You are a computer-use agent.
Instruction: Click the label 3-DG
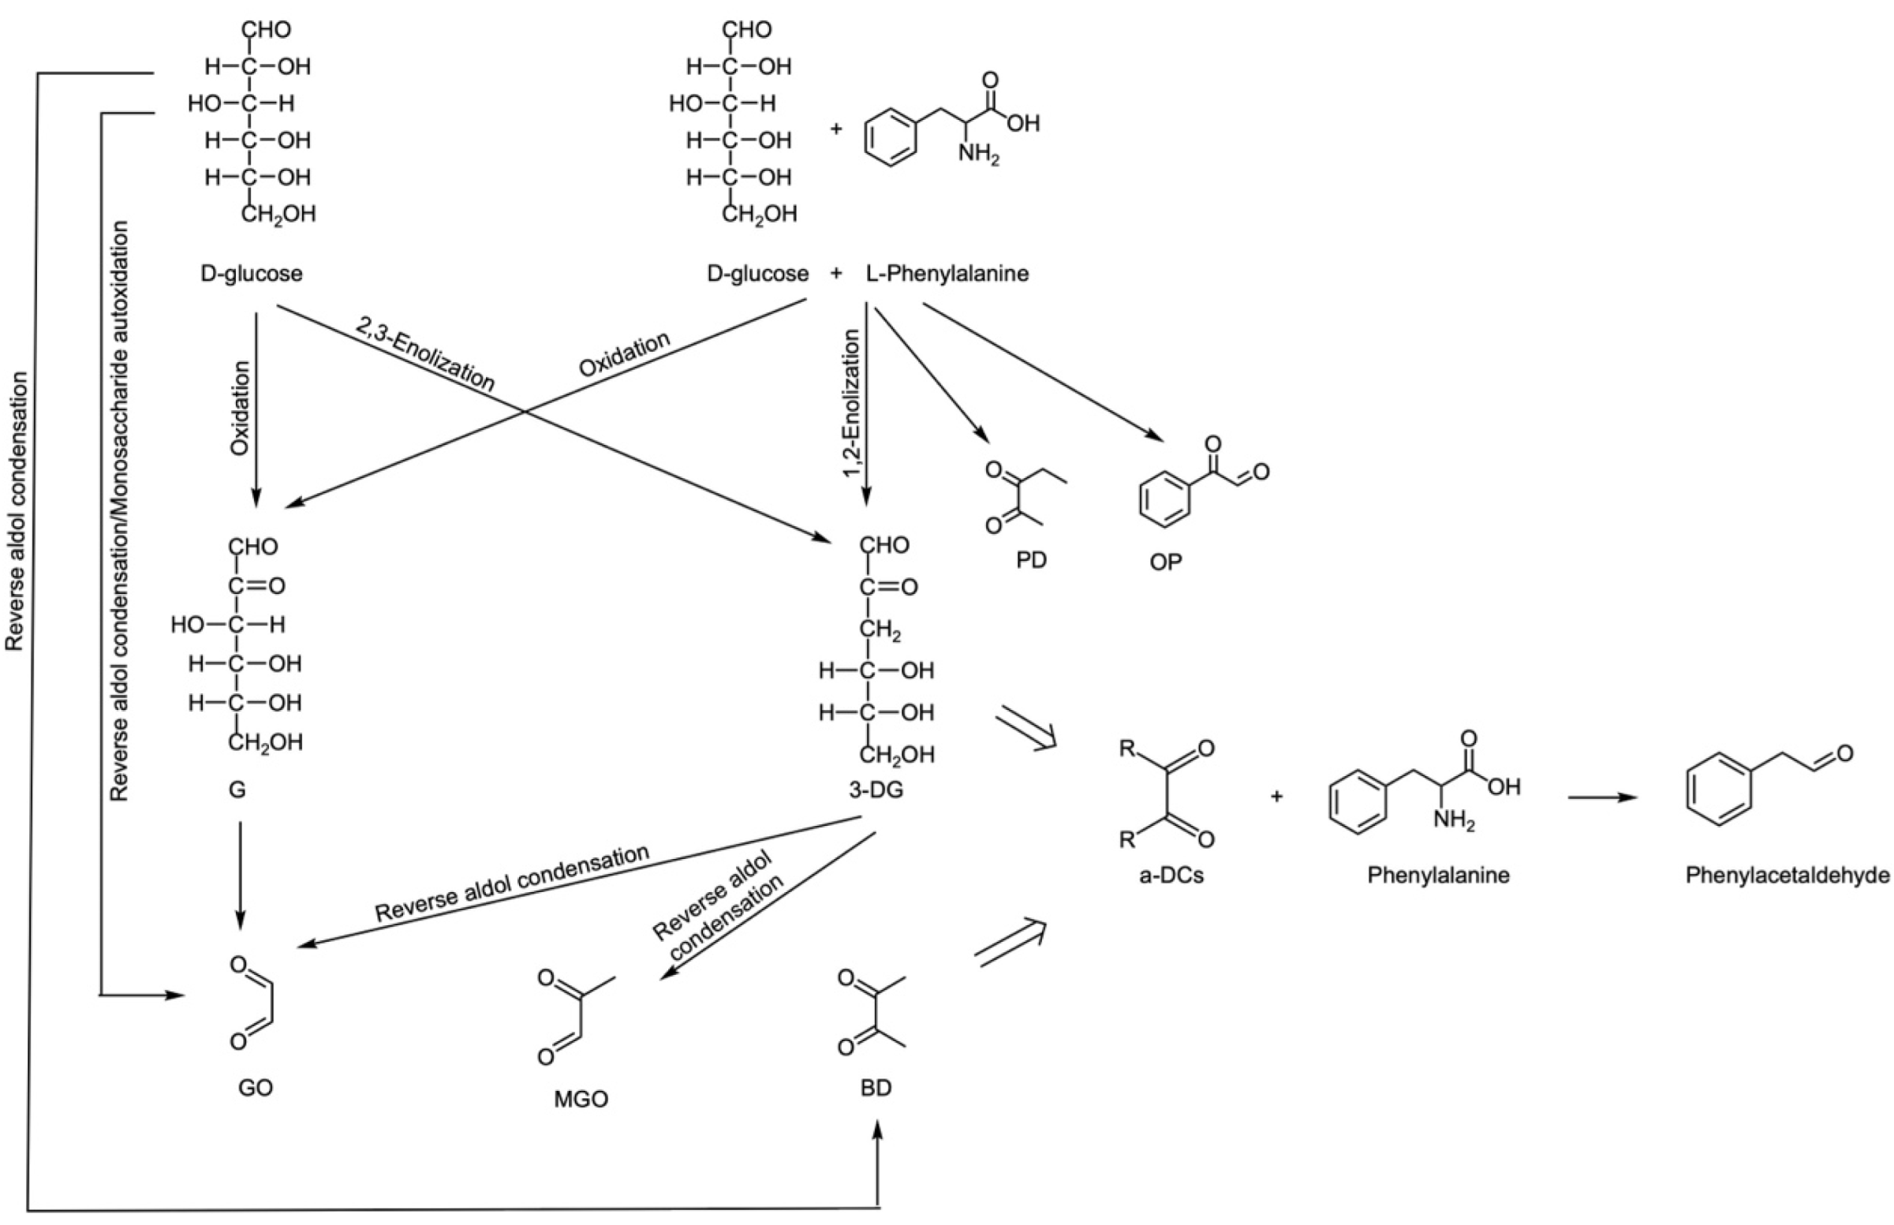click(875, 790)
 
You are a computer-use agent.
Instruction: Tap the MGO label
click(581, 1100)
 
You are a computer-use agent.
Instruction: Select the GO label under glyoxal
click(255, 1088)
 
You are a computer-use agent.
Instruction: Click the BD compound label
click(875, 1088)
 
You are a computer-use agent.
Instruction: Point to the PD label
click(1031, 561)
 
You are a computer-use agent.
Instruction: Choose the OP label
click(1165, 562)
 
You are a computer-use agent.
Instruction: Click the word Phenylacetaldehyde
click(1787, 876)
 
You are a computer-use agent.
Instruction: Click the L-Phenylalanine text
click(947, 274)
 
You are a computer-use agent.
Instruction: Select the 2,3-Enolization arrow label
click(424, 355)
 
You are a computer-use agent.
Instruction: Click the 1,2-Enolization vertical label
click(852, 404)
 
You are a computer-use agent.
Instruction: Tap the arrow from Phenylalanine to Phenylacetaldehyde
click(1602, 797)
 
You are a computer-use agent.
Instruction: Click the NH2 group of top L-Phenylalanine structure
click(978, 153)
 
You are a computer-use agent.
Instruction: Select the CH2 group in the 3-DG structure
click(879, 630)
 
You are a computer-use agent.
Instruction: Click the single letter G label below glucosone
click(236, 790)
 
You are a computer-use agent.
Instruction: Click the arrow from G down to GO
click(240, 875)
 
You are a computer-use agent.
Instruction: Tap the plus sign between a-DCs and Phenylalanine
click(1276, 796)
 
